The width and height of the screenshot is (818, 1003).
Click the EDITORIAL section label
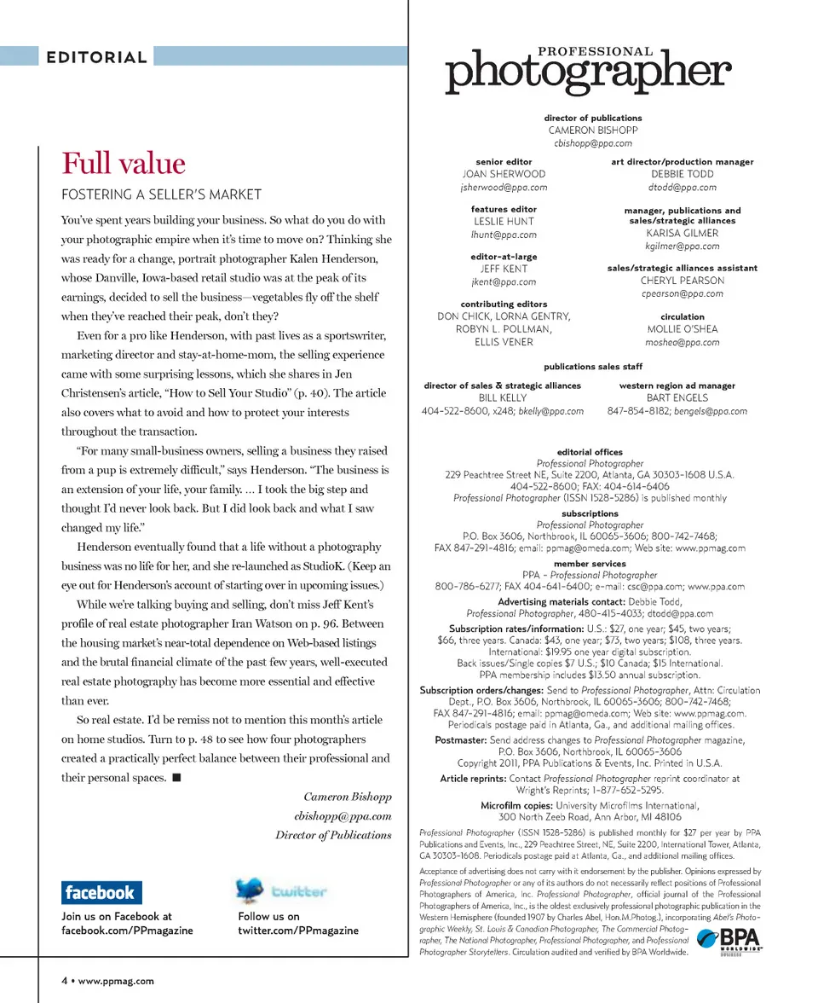tap(96, 58)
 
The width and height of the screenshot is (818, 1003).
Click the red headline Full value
tap(123, 163)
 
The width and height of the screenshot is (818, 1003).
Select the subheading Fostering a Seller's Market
tap(161, 194)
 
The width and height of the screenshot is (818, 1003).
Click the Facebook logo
tap(101, 893)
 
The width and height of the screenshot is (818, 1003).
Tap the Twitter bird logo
tap(251, 890)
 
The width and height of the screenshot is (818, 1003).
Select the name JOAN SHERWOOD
tap(503, 174)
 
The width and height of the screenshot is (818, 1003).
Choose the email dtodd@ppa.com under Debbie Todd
tap(682, 187)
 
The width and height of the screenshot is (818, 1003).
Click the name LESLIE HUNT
tap(503, 222)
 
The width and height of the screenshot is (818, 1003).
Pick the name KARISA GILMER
tap(682, 233)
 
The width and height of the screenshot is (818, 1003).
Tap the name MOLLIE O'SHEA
tap(682, 329)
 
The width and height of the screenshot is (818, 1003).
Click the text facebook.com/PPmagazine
tap(127, 931)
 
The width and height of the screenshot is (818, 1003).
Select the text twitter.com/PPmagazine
tap(298, 931)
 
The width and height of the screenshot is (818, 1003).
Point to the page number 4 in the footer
tap(64, 982)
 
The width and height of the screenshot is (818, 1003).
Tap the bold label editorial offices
tap(590, 452)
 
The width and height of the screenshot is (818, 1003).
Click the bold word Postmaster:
tap(460, 740)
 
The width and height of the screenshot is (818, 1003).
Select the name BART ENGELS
tap(677, 397)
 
